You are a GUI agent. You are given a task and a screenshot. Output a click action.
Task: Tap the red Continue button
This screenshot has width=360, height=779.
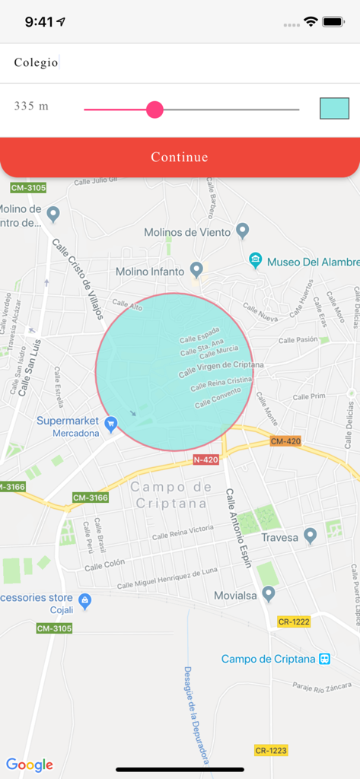(x=180, y=157)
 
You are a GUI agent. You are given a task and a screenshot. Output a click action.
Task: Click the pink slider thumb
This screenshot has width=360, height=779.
(x=155, y=110)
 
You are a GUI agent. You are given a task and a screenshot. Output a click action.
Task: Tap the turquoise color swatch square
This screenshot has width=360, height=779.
(x=334, y=109)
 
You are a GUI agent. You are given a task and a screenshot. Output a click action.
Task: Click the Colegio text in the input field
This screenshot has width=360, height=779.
(x=36, y=63)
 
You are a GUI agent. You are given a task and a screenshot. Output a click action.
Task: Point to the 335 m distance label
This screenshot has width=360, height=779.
(x=31, y=106)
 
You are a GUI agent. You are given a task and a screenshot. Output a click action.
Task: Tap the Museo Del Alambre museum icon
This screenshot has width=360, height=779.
(x=256, y=261)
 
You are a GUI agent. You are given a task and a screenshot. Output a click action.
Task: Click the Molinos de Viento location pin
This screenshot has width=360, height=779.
(x=242, y=230)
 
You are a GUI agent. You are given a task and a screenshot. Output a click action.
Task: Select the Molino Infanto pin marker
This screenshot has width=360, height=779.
(x=196, y=269)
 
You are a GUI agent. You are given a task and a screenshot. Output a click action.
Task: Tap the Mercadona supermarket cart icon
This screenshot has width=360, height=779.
(x=111, y=423)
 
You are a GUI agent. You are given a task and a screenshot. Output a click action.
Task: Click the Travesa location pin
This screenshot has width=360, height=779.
(x=310, y=536)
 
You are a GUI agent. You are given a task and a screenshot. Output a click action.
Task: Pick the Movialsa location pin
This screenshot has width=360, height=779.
(x=268, y=593)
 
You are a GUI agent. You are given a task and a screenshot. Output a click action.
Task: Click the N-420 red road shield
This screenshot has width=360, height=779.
(x=205, y=459)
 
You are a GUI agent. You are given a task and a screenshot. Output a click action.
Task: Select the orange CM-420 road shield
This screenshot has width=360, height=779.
(x=285, y=441)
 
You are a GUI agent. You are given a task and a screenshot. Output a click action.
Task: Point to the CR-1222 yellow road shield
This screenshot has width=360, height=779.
(x=294, y=622)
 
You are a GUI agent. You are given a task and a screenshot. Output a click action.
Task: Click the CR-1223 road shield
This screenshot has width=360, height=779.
(x=271, y=750)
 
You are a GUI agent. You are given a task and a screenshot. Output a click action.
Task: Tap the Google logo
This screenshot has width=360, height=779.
(x=29, y=765)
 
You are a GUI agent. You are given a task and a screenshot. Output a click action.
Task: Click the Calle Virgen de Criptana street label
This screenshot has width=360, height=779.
(x=221, y=369)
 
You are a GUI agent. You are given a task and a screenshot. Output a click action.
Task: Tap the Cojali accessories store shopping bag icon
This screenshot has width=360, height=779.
(x=84, y=601)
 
